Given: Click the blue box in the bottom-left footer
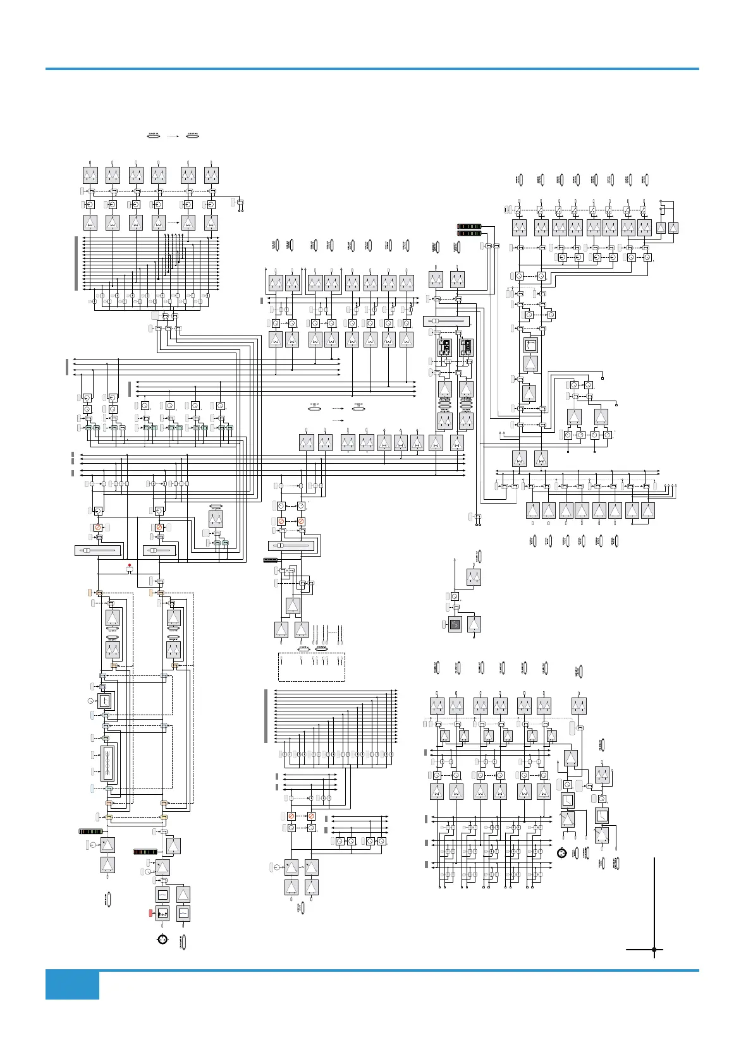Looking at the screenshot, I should click(72, 985).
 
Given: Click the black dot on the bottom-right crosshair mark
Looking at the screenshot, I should click(654, 949).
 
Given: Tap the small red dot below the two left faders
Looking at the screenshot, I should click(129, 565).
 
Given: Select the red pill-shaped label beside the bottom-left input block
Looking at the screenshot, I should click(151, 912).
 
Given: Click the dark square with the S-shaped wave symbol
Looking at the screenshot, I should click(455, 625).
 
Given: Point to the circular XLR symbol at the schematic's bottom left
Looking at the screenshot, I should click(162, 939).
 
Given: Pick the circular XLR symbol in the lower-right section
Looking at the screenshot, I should click(560, 854).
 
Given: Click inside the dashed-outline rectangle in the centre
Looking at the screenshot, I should click(312, 667).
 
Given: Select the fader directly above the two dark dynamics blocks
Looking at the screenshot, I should click(446, 322).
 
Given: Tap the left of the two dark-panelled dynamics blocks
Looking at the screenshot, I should click(445, 348).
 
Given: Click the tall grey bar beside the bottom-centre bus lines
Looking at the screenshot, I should click(266, 716).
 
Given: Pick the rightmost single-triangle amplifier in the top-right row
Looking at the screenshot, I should click(674, 228).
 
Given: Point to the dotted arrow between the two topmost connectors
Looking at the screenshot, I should click(173, 135).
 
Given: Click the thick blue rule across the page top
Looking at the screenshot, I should click(372, 68).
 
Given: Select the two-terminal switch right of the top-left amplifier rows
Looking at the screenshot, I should click(240, 203).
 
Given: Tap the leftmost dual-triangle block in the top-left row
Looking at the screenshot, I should click(90, 175).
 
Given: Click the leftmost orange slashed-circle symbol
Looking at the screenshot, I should click(98, 527).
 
